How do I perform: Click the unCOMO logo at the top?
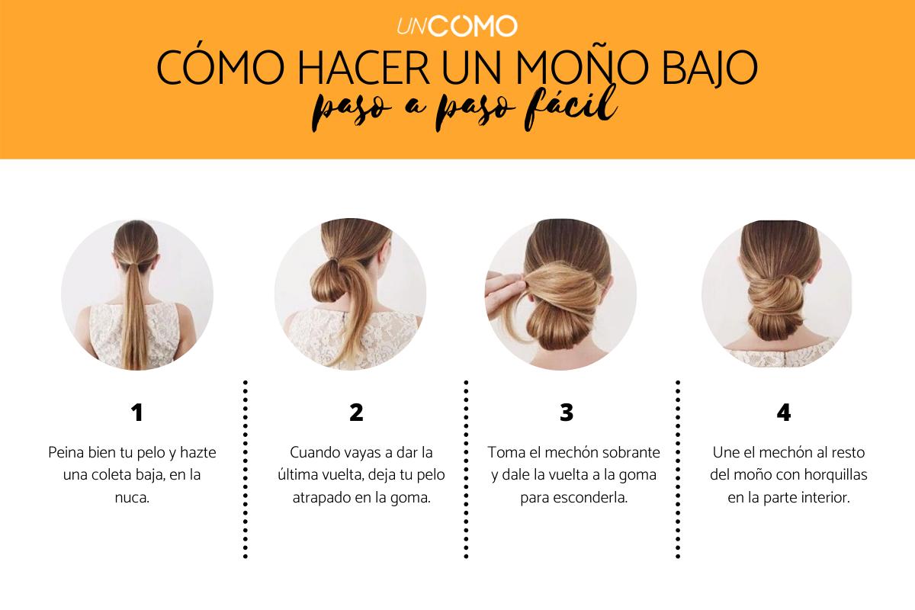pyautogui.click(x=457, y=26)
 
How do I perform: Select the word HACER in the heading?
pyautogui.click(x=364, y=67)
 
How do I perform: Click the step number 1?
pyautogui.click(x=136, y=413)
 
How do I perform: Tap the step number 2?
pyautogui.click(x=356, y=413)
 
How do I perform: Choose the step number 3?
pyautogui.click(x=567, y=413)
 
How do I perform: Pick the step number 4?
pyautogui.click(x=784, y=413)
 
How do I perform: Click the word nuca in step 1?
pyautogui.click(x=130, y=498)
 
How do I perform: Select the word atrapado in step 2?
pyautogui.click(x=322, y=499)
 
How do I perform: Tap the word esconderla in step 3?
pyautogui.click(x=594, y=498)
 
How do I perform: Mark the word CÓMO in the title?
pyautogui.click(x=220, y=66)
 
